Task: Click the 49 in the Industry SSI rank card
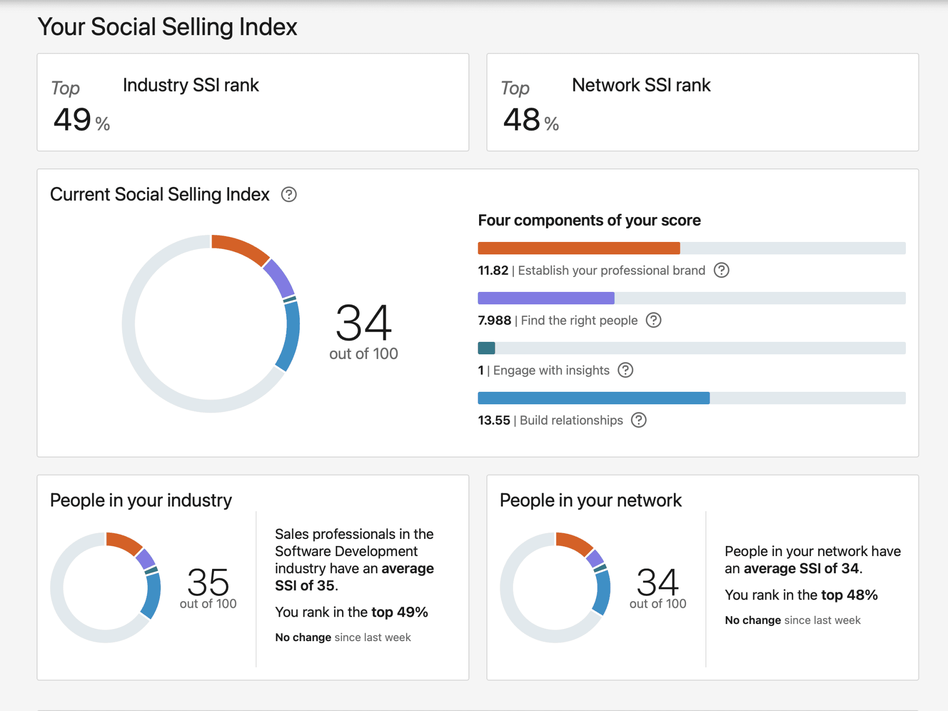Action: pos(72,120)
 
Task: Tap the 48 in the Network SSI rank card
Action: pos(522,120)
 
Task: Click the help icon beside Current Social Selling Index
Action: pos(289,195)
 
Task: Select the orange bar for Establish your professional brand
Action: pos(579,248)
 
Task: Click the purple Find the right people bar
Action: pos(546,298)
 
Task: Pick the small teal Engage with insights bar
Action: pos(486,348)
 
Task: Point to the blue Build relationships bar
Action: pos(593,398)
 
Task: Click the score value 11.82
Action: pos(493,271)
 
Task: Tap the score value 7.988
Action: pos(494,321)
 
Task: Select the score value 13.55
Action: pos(494,420)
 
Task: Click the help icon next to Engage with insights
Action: pos(625,370)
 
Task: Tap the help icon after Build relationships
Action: pos(639,420)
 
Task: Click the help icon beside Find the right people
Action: pos(654,320)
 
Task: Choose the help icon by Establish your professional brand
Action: pos(721,270)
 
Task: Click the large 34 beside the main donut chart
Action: pos(364,322)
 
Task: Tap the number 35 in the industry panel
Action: pos(208,582)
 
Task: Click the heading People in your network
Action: pos(591,501)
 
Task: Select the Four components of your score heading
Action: pos(589,220)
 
